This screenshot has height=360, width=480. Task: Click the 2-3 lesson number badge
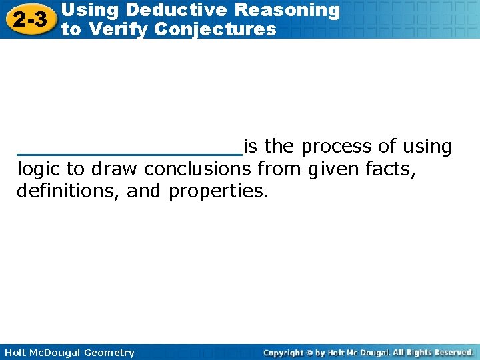pos(29,19)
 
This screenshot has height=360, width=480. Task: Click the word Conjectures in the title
pos(216,29)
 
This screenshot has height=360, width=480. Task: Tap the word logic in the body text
pos(39,169)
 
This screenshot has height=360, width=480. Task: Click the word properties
pos(218,192)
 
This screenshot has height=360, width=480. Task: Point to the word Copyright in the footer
pos(284,352)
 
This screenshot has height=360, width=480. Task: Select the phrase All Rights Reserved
pos(433,352)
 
